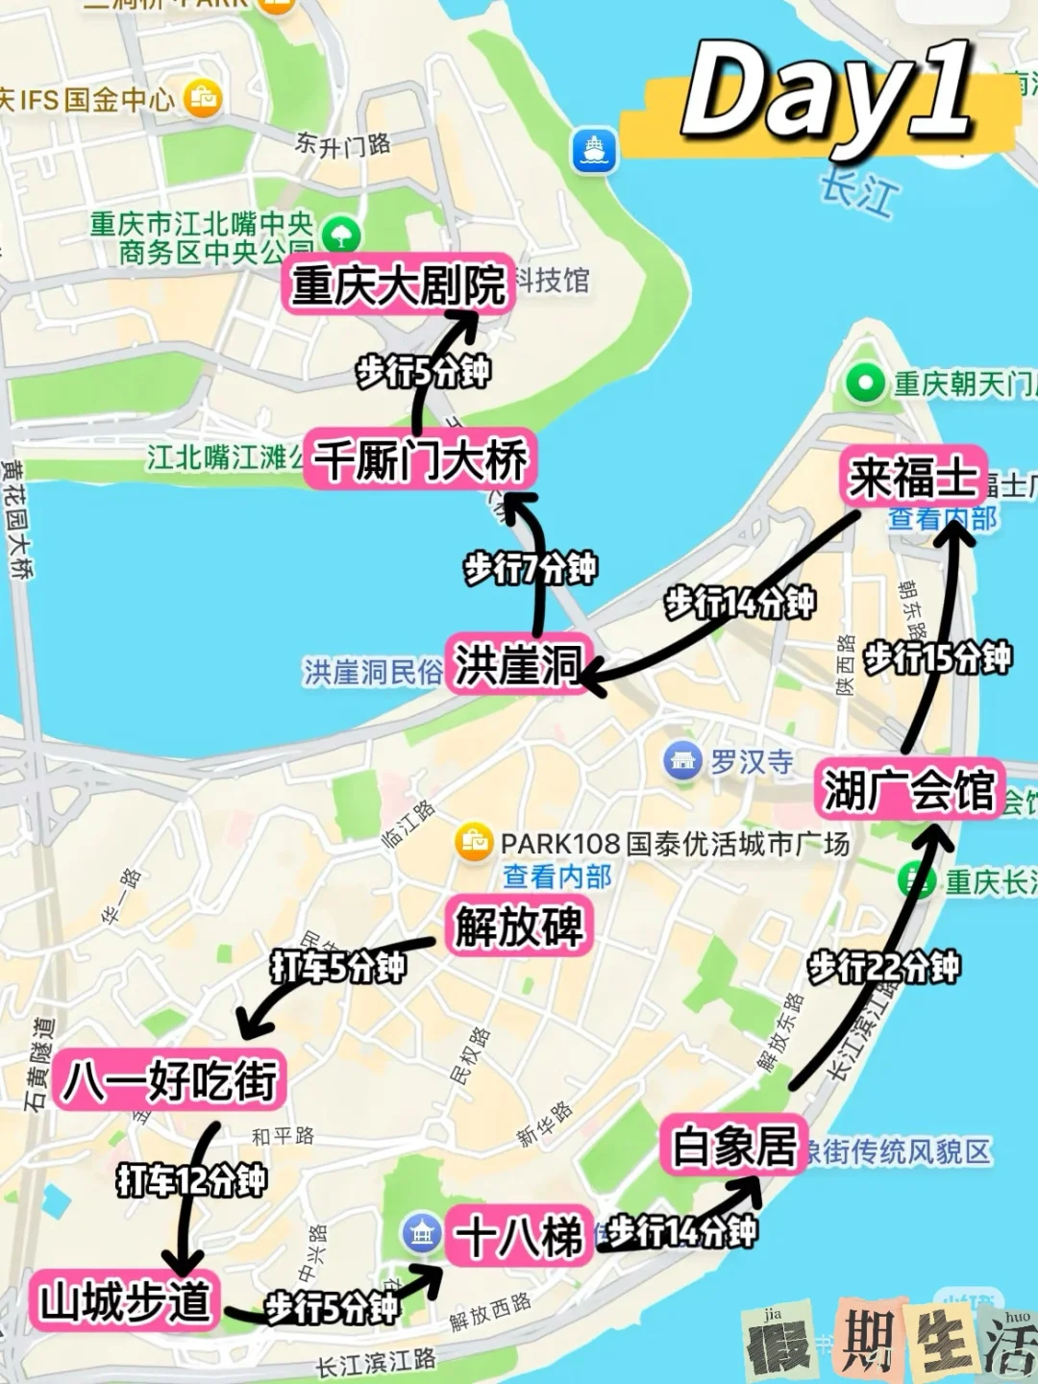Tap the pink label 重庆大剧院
(x=398, y=284)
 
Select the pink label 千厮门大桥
(x=421, y=459)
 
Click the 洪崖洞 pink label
(x=518, y=664)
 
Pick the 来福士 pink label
(x=912, y=477)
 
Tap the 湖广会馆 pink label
(x=908, y=790)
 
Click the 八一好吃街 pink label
(x=169, y=1080)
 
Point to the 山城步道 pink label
(x=125, y=1301)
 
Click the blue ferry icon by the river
(x=594, y=150)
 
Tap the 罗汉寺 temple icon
(x=682, y=761)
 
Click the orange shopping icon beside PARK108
(x=474, y=842)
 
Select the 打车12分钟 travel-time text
(x=191, y=1179)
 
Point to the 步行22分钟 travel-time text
(x=883, y=967)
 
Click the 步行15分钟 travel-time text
(x=937, y=658)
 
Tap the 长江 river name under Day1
(x=859, y=192)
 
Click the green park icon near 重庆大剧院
(x=341, y=234)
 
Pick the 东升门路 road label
(x=343, y=144)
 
